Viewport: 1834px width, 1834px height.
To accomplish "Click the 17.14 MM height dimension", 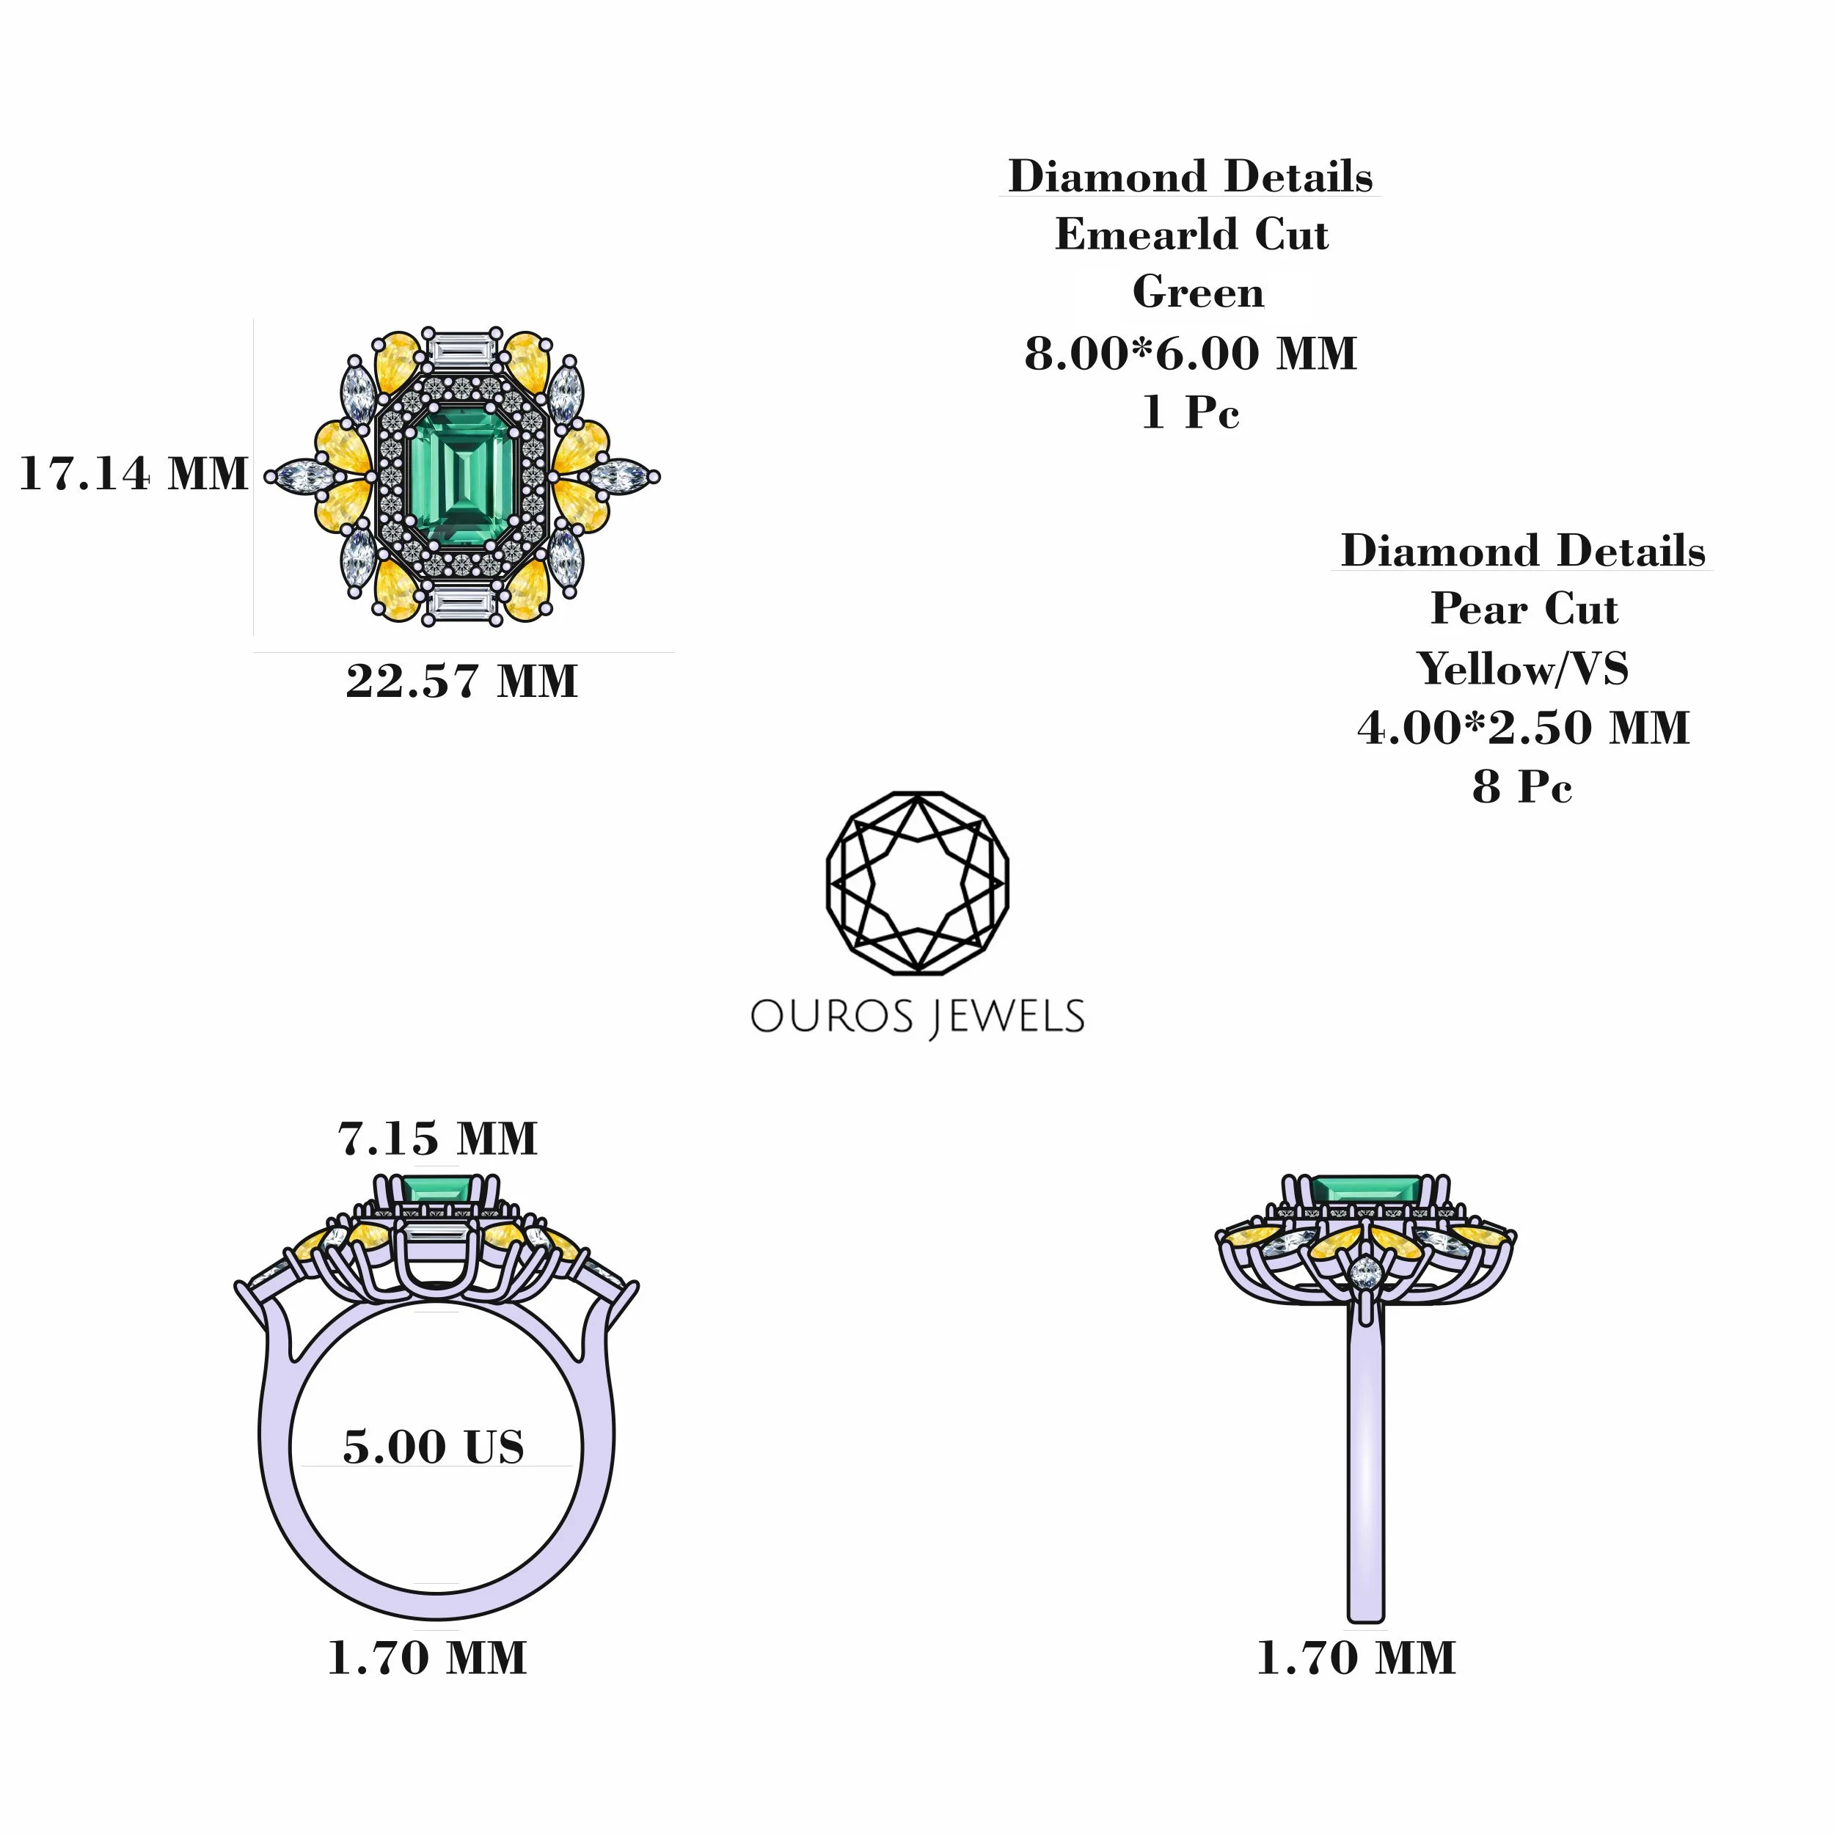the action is click(x=133, y=474).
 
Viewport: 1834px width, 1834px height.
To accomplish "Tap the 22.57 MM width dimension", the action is click(x=461, y=681).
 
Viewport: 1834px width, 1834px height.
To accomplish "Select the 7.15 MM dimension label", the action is click(x=438, y=1139).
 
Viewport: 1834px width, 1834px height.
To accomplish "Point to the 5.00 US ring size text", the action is click(x=434, y=1447).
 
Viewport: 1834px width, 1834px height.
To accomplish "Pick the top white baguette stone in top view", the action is click(x=462, y=348).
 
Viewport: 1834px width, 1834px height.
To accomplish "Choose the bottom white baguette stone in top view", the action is click(x=462, y=604).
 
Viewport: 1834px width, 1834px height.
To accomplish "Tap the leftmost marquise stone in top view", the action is click(x=302, y=477).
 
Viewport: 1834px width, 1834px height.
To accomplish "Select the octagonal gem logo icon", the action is click(x=917, y=883).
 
